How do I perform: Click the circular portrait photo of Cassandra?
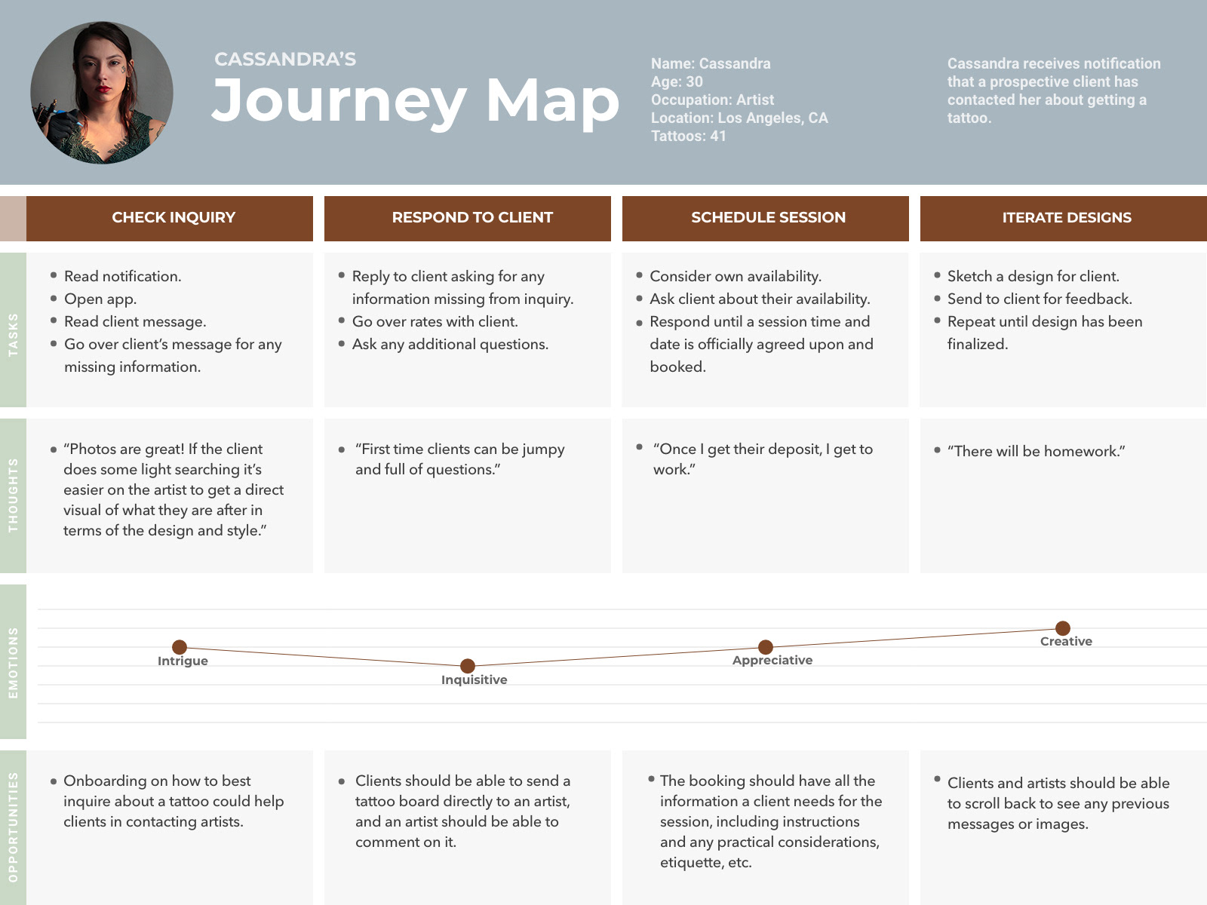[x=102, y=93]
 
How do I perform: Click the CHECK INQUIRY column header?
[x=174, y=218]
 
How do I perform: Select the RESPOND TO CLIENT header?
[x=472, y=218]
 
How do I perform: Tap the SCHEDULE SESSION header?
[x=768, y=218]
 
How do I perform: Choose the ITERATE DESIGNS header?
[x=1066, y=218]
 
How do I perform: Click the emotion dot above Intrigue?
[x=180, y=647]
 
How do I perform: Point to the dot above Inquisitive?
[x=468, y=666]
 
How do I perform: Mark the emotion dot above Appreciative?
[x=766, y=647]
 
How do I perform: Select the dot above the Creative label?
[x=1063, y=628]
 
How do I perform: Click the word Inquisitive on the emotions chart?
[x=474, y=680]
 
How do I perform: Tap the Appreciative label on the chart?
[x=772, y=661]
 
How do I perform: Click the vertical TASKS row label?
[x=13, y=334]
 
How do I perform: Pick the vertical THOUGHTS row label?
[x=13, y=495]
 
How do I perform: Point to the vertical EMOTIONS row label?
[x=13, y=662]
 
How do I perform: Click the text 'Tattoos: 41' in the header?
[x=688, y=137]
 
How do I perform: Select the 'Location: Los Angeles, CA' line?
[x=739, y=118]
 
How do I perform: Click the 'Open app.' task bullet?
[x=100, y=299]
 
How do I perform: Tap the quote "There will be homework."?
[x=1037, y=452]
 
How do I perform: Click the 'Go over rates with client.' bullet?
[x=435, y=322]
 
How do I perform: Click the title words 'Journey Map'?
[x=415, y=100]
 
